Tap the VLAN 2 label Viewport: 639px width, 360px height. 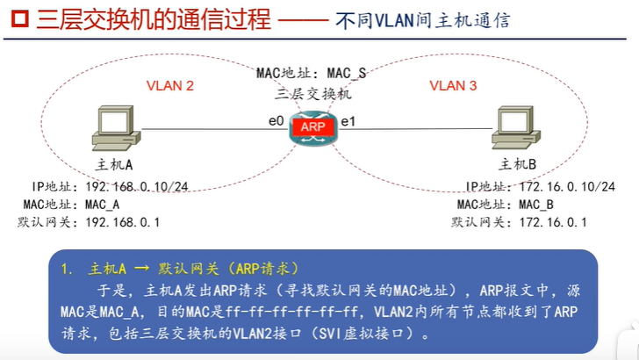point(169,85)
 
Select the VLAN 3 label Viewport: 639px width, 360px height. point(453,85)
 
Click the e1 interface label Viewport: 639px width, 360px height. point(348,119)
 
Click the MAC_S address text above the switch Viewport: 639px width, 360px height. point(346,73)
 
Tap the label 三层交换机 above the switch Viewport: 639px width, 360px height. point(312,92)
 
